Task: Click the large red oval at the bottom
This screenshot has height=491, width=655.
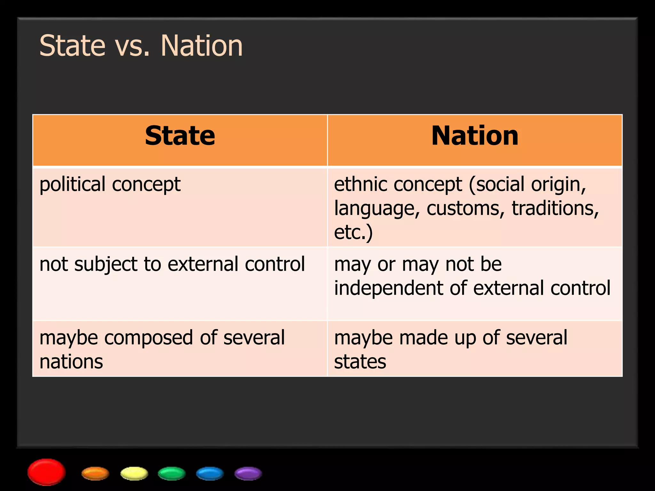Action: pyautogui.click(x=47, y=472)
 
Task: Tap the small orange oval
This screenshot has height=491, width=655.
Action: pyautogui.click(x=95, y=473)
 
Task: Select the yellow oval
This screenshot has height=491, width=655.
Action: pyautogui.click(x=134, y=473)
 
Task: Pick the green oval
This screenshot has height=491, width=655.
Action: pyautogui.click(x=172, y=473)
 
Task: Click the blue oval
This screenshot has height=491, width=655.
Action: pyautogui.click(x=210, y=473)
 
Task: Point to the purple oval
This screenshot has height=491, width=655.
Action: pyautogui.click(x=248, y=473)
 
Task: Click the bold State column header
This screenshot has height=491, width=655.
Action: pyautogui.click(x=180, y=136)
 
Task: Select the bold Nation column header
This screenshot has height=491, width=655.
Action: pyautogui.click(x=475, y=136)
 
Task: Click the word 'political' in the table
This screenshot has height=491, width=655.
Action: pyautogui.click(x=72, y=184)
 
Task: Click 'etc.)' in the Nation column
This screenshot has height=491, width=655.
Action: pyautogui.click(x=353, y=232)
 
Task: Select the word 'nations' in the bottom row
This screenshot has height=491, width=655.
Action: pyautogui.click(x=71, y=362)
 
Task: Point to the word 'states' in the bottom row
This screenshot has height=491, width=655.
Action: pyautogui.click(x=360, y=362)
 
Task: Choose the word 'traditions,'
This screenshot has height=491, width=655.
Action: pyautogui.click(x=555, y=208)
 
